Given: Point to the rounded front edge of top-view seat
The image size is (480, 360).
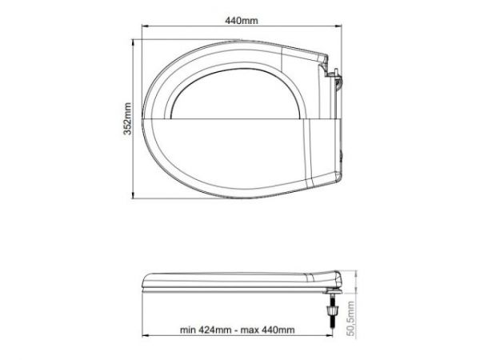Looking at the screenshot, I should coord(152,120).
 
